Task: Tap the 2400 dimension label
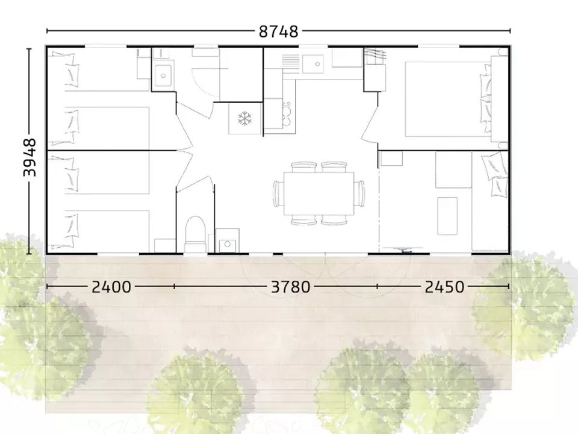[x=111, y=287]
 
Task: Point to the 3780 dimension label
[x=290, y=287]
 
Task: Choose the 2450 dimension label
[x=444, y=287]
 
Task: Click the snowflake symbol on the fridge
[x=244, y=119]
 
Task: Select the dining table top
[x=319, y=193]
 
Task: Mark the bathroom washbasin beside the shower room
[x=163, y=75]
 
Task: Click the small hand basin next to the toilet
[x=228, y=244]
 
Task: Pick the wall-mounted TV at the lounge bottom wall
[x=403, y=249]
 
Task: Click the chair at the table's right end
[x=361, y=193]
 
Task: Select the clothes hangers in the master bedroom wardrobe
[x=374, y=55]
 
